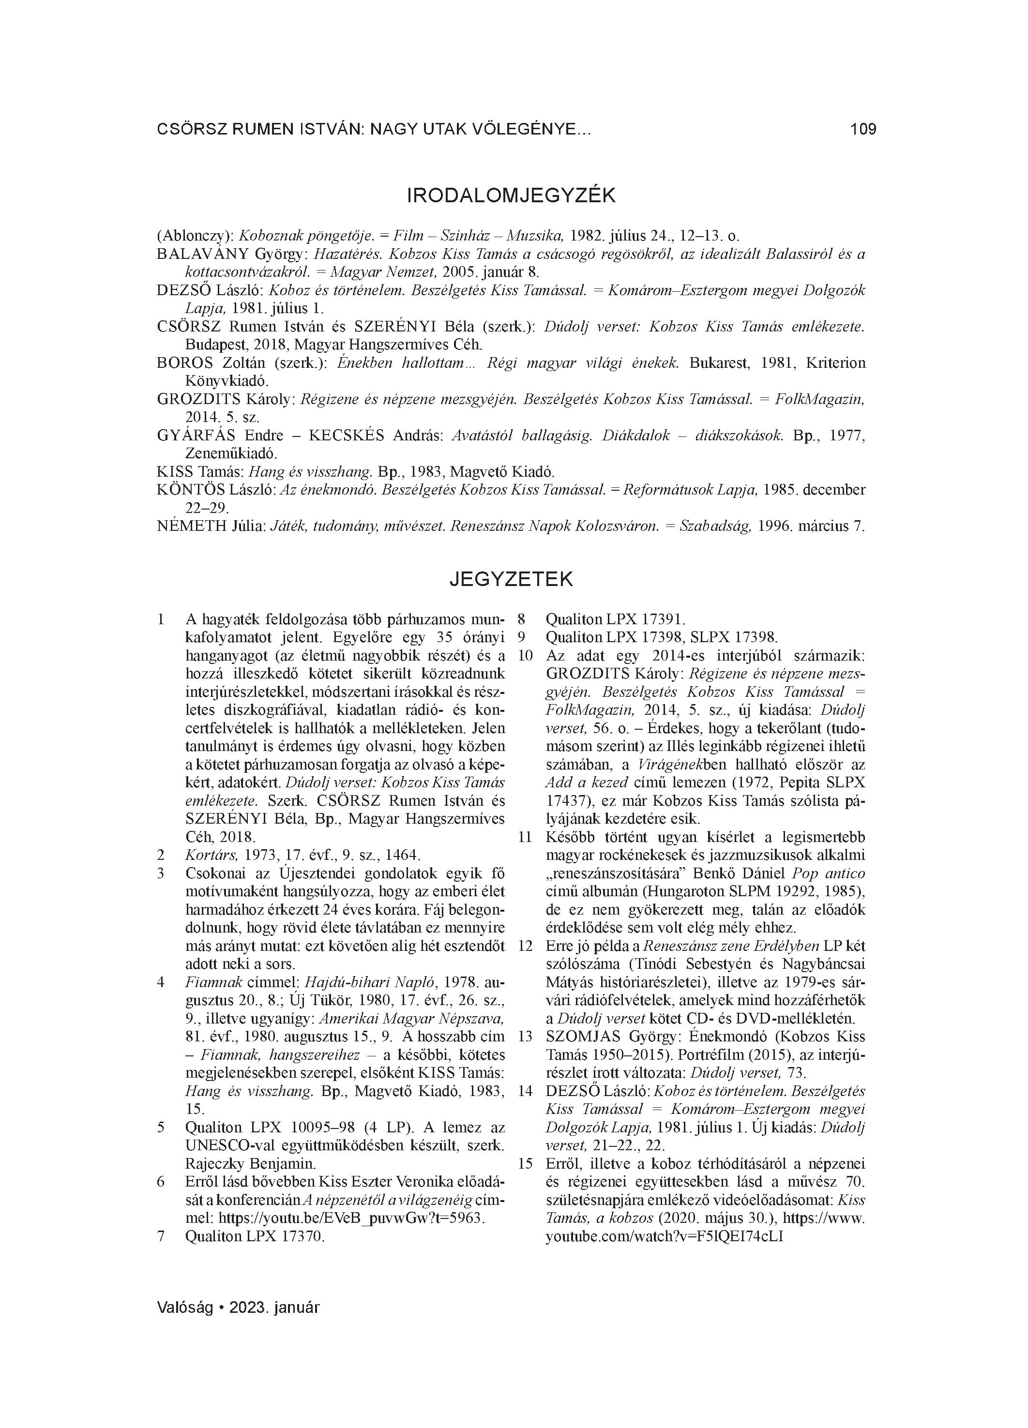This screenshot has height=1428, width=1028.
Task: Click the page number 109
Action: [862, 130]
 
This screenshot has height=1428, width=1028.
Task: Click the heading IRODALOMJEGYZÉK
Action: [512, 196]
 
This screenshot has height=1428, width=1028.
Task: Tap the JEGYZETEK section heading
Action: [512, 579]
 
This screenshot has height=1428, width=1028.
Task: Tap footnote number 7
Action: [161, 1236]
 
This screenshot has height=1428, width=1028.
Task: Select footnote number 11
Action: [525, 838]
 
